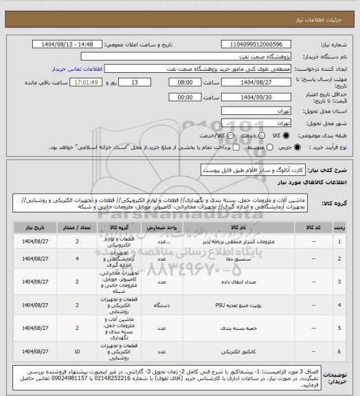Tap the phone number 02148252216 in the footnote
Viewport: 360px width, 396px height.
tap(155, 378)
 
